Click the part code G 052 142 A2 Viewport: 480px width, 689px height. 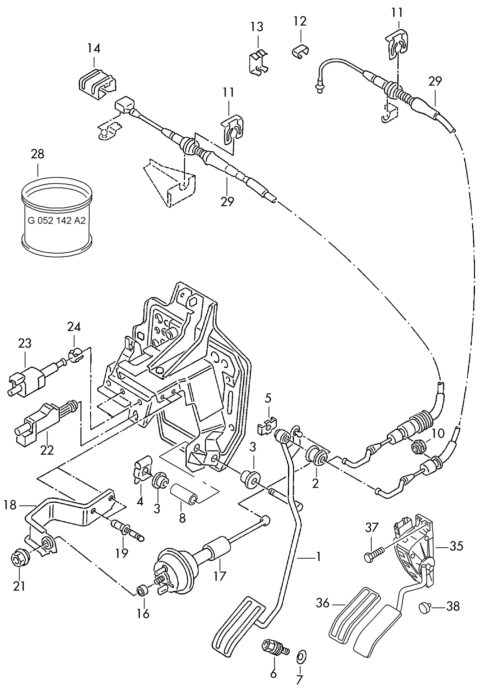tap(57, 221)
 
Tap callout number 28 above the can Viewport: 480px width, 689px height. tap(38, 154)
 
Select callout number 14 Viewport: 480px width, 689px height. tap(94, 48)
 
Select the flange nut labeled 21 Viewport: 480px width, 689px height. tap(18, 558)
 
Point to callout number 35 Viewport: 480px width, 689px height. tap(456, 546)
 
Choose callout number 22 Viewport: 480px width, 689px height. tap(47, 450)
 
